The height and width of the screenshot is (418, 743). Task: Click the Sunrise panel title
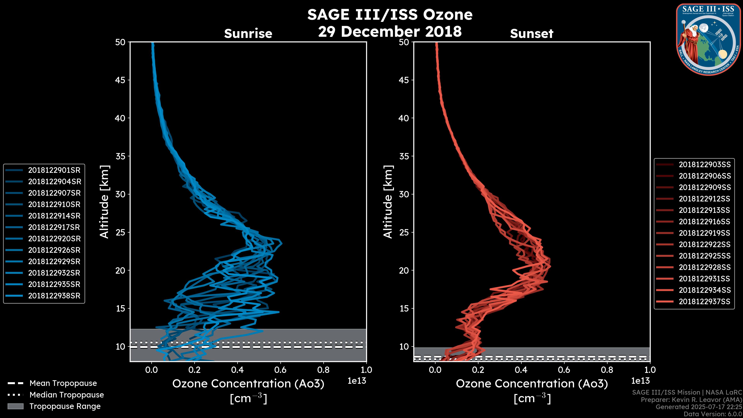pyautogui.click(x=248, y=34)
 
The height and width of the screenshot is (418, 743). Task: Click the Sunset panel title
pyautogui.click(x=532, y=34)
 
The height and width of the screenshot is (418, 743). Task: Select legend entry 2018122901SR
pyautogui.click(x=54, y=170)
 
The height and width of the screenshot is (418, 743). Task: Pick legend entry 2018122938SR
pyautogui.click(x=54, y=296)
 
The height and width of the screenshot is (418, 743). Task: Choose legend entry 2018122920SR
pyautogui.click(x=54, y=239)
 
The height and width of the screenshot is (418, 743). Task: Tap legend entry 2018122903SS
pyautogui.click(x=704, y=164)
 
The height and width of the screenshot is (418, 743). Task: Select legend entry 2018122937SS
pyautogui.click(x=704, y=302)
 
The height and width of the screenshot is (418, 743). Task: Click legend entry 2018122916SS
pyautogui.click(x=704, y=222)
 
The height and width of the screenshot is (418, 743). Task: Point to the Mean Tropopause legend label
pyautogui.click(x=63, y=383)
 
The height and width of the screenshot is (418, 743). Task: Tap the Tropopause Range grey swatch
pyautogui.click(x=15, y=406)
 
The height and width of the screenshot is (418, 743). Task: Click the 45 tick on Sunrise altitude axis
pyautogui.click(x=120, y=80)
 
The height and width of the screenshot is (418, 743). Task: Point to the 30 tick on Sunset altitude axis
pyautogui.click(x=404, y=194)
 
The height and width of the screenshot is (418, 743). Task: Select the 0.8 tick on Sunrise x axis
pyautogui.click(x=323, y=370)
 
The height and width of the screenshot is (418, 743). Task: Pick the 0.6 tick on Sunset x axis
pyautogui.click(x=564, y=370)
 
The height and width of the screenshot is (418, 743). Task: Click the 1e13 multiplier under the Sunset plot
pyautogui.click(x=640, y=381)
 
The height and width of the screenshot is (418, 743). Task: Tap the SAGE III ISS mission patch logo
pyautogui.click(x=708, y=39)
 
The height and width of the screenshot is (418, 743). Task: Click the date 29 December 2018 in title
pyautogui.click(x=390, y=31)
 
